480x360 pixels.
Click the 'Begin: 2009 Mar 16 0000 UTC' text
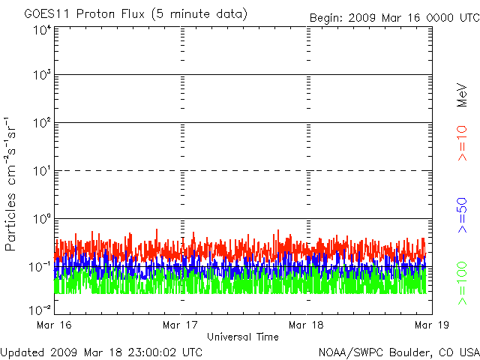(x=394, y=17)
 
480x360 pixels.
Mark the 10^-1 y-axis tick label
(x=41, y=266)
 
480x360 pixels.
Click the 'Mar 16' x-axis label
(x=55, y=325)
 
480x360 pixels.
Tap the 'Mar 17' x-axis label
(x=181, y=325)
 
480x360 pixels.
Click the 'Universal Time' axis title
(x=243, y=337)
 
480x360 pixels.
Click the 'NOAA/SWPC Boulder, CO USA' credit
(x=398, y=351)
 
